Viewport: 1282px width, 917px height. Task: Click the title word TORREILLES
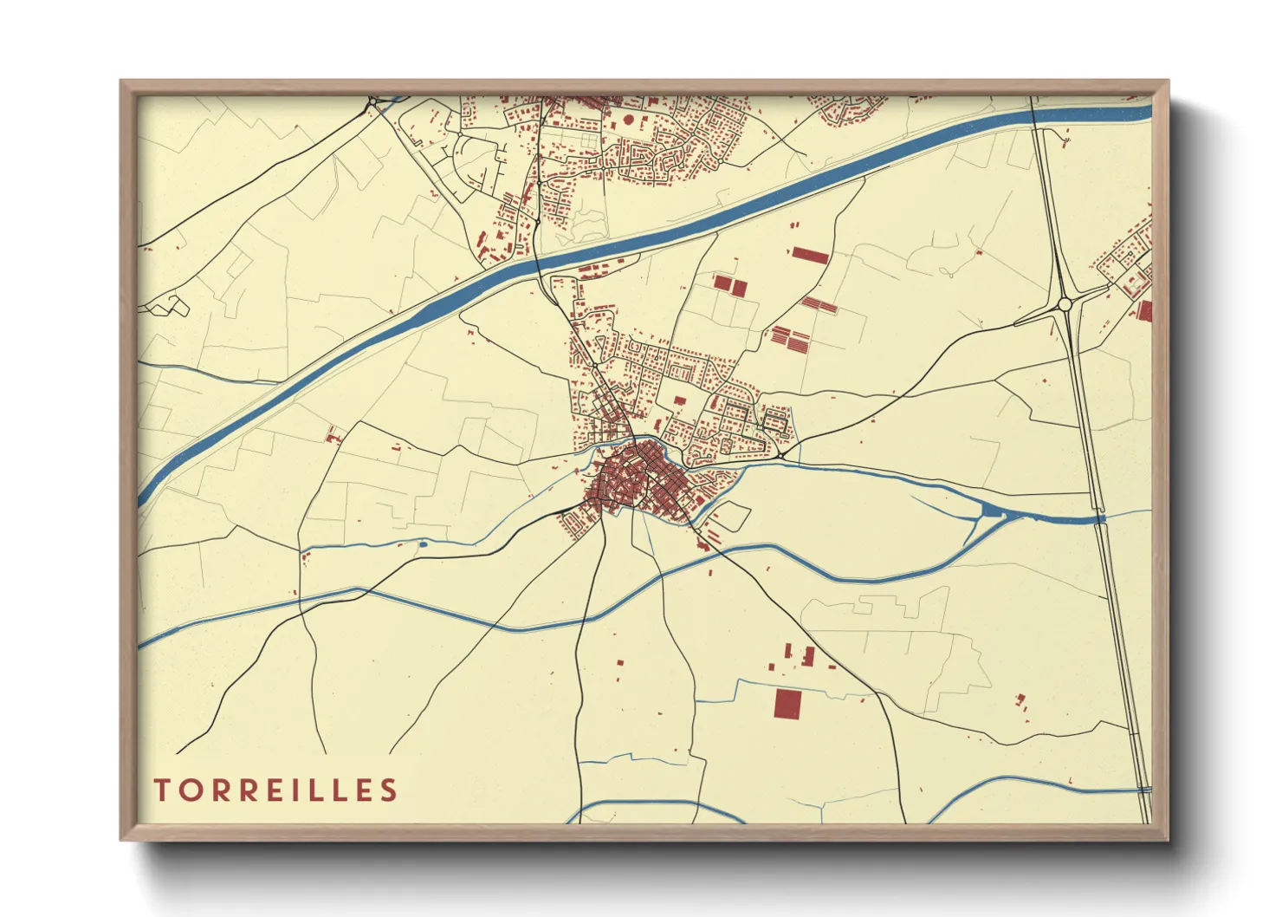[x=275, y=790]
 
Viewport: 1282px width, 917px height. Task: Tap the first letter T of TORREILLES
[x=162, y=790]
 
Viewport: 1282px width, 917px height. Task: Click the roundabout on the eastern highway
[x=1065, y=304]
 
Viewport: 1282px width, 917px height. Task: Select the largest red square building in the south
[x=787, y=704]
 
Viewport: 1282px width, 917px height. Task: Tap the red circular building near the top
[x=630, y=122]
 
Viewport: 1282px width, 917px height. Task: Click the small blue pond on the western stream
[x=423, y=544]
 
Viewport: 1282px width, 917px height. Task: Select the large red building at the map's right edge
[x=1144, y=311]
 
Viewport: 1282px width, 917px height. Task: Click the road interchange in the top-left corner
[x=372, y=103]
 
